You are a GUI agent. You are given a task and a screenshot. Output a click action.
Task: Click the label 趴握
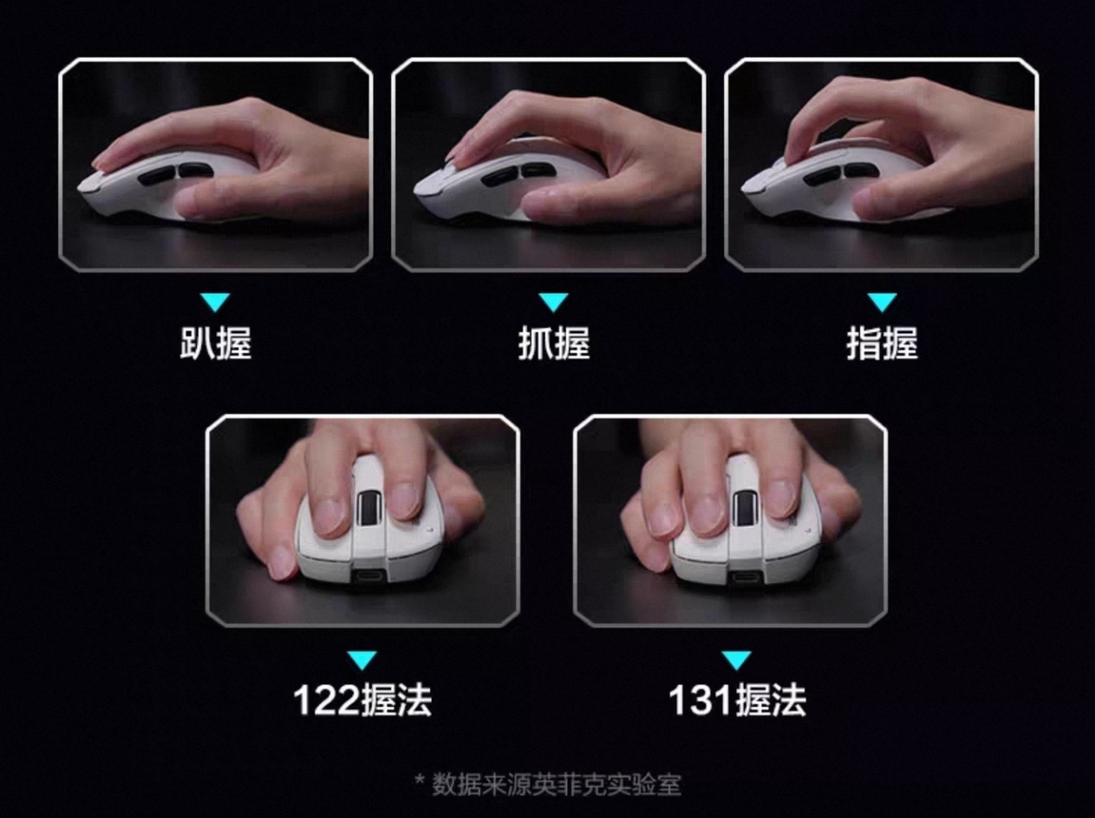216,344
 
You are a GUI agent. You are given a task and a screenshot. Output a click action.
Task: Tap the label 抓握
554,344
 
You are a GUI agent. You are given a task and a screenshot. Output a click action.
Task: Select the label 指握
882,344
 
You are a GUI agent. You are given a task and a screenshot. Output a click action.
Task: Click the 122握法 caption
362,700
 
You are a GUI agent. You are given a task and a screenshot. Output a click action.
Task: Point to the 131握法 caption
737,700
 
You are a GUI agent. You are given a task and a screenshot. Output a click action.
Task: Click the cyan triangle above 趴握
216,303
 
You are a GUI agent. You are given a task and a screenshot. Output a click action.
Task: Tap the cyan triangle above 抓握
554,303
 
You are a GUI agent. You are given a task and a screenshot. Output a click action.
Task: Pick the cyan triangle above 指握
882,303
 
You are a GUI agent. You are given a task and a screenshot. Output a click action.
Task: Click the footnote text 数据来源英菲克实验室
556,784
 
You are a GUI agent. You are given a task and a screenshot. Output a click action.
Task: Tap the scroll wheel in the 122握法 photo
369,507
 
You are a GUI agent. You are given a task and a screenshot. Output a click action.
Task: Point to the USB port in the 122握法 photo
369,577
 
